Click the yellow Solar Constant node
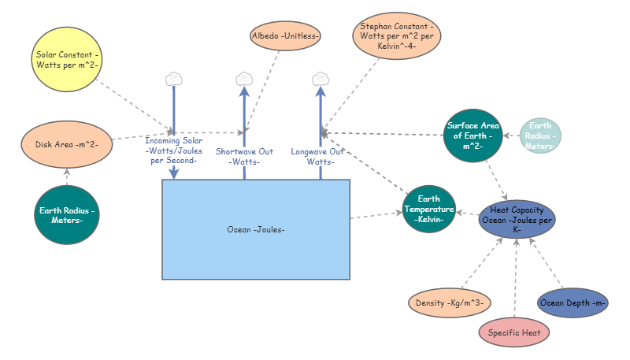pyautogui.click(x=67, y=60)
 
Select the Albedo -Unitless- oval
pyautogui.click(x=285, y=36)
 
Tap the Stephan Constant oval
pyautogui.click(x=395, y=39)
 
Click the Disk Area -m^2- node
pyautogui.click(x=67, y=144)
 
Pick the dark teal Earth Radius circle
pyautogui.click(x=67, y=215)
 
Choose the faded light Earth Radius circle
pyautogui.click(x=540, y=135)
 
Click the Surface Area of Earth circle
pyautogui.click(x=472, y=135)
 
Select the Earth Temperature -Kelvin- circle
pyautogui.click(x=429, y=210)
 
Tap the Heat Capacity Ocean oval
pyautogui.click(x=516, y=216)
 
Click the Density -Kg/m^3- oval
pyautogui.click(x=449, y=302)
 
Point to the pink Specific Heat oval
pyautogui.click(x=513, y=332)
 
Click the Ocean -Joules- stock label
pyautogui.click(x=256, y=229)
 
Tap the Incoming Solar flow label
pyautogui.click(x=174, y=150)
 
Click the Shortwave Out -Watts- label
pyautogui.click(x=244, y=156)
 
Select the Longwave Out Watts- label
pyautogui.click(x=320, y=156)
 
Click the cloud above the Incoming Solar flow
pyautogui.click(x=174, y=79)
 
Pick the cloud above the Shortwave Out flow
pyautogui.click(x=244, y=79)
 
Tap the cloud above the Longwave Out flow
pyautogui.click(x=320, y=79)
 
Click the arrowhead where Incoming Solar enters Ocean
pyautogui.click(x=174, y=174)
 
